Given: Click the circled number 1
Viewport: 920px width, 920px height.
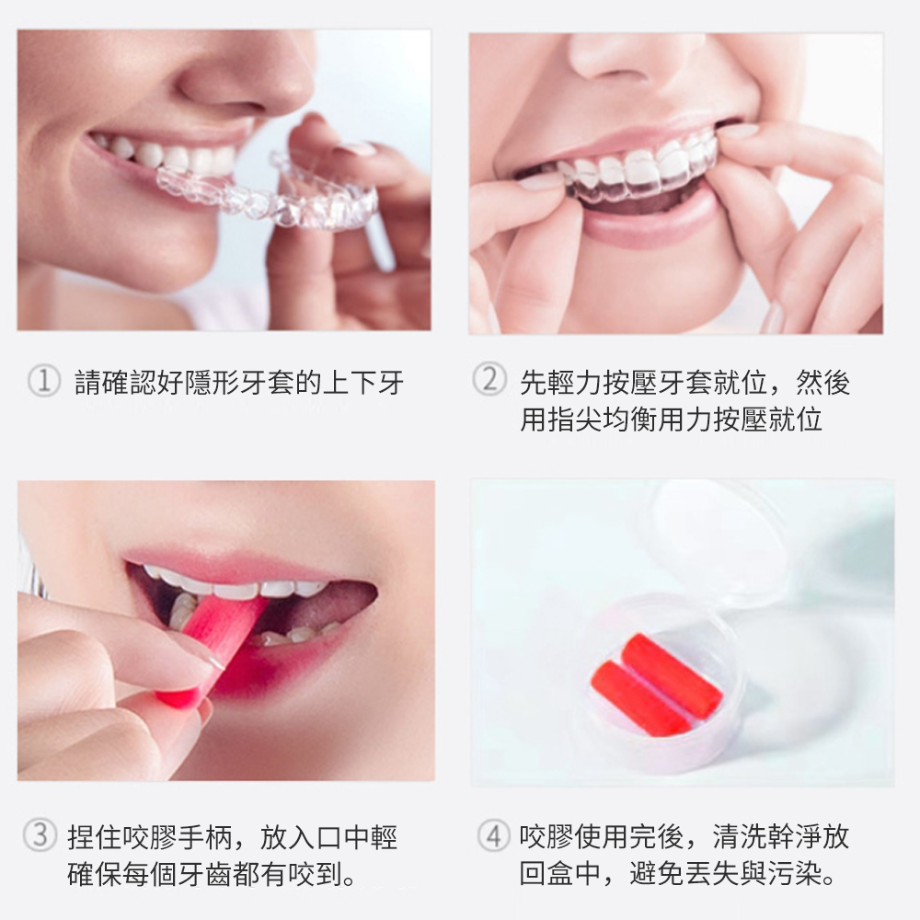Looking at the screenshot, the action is click(x=44, y=381).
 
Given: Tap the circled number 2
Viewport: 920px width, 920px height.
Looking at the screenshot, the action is click(x=489, y=378).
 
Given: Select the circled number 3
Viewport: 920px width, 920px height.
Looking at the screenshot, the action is click(x=40, y=835).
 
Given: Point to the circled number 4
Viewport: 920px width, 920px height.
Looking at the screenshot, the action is click(x=493, y=835).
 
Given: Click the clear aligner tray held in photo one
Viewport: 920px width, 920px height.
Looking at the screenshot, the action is click(x=276, y=193).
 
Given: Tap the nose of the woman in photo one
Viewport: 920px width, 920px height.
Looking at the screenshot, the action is click(x=247, y=76).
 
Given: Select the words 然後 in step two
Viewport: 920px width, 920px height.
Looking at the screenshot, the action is click(x=822, y=382).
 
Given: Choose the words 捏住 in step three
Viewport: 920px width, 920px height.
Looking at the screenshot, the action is click(x=95, y=836).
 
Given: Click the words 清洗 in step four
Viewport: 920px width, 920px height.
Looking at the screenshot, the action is click(x=740, y=836).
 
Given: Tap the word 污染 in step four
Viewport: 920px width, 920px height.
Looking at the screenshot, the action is click(x=794, y=874).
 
